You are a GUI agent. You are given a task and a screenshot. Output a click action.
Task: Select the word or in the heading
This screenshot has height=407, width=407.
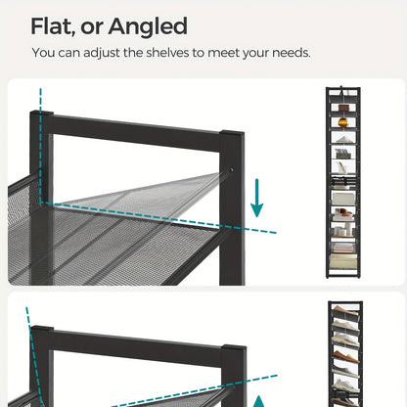click(92, 28)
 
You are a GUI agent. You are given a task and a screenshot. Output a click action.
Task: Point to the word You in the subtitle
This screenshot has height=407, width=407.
click(43, 53)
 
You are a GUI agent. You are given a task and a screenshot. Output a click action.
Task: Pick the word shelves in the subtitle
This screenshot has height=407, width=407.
click(167, 53)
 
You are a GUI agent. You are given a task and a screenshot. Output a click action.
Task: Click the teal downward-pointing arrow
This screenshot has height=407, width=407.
click(257, 198)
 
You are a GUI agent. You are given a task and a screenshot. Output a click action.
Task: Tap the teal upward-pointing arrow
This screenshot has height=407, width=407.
click(259, 401)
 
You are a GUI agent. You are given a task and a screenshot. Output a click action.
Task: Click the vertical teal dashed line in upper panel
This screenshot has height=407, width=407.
click(41, 145)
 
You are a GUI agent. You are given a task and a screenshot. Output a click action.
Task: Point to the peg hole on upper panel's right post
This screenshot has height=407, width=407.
click(232, 169)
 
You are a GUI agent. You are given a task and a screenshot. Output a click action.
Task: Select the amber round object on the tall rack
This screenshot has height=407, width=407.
click(342, 122)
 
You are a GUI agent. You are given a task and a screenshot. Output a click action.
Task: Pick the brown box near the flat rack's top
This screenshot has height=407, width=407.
click(343, 108)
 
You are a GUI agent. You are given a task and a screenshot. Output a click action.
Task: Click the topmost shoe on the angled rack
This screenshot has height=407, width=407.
click(345, 310)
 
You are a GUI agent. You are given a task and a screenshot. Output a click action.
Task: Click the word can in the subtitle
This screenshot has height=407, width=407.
click(68, 53)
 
